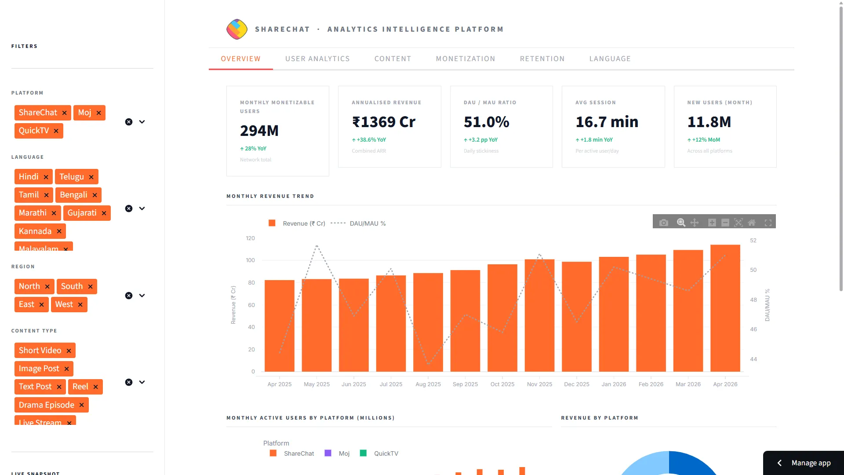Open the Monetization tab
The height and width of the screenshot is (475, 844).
pyautogui.click(x=465, y=59)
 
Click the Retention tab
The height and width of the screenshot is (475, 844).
pyautogui.click(x=542, y=59)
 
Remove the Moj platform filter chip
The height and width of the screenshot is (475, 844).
pyautogui.click(x=98, y=113)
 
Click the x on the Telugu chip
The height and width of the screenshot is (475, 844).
pyautogui.click(x=91, y=177)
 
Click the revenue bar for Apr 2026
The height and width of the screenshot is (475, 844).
pyautogui.click(x=725, y=308)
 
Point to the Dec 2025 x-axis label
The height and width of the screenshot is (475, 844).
pyautogui.click(x=576, y=384)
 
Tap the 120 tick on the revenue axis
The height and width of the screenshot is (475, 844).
pyautogui.click(x=250, y=238)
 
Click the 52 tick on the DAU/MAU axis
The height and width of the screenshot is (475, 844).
pyautogui.click(x=753, y=241)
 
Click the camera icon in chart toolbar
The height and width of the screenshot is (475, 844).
pyautogui.click(x=663, y=223)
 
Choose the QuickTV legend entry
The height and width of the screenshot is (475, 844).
pyautogui.click(x=386, y=453)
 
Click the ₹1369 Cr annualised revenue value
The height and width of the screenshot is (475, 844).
pyautogui.click(x=383, y=122)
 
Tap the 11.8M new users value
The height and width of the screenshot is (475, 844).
pyautogui.click(x=709, y=122)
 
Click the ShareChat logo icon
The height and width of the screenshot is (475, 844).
pyautogui.click(x=236, y=29)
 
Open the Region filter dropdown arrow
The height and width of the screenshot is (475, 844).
pyautogui.click(x=142, y=296)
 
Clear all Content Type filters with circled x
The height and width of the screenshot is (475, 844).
pyautogui.click(x=129, y=382)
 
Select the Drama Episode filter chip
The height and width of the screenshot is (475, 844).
pyautogui.click(x=46, y=405)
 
